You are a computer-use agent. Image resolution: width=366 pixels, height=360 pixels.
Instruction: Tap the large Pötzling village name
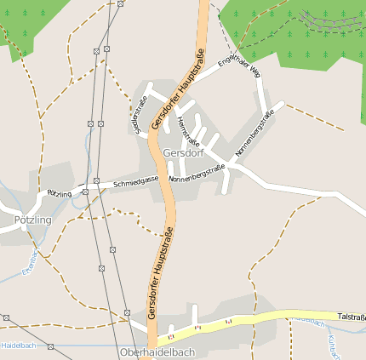pos(32,220)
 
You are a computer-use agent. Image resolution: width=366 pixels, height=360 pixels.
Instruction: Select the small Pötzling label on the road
pos(60,194)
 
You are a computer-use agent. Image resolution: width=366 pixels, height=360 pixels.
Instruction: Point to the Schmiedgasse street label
pos(137,180)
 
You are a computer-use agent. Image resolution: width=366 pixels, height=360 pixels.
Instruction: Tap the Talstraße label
pos(351,317)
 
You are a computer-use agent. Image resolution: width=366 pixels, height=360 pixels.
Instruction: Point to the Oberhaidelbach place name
pos(157,351)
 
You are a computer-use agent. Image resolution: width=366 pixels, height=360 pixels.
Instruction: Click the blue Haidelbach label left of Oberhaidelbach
pos(19,346)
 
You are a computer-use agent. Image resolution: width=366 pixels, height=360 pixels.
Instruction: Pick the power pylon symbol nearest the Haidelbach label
pos(51,346)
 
